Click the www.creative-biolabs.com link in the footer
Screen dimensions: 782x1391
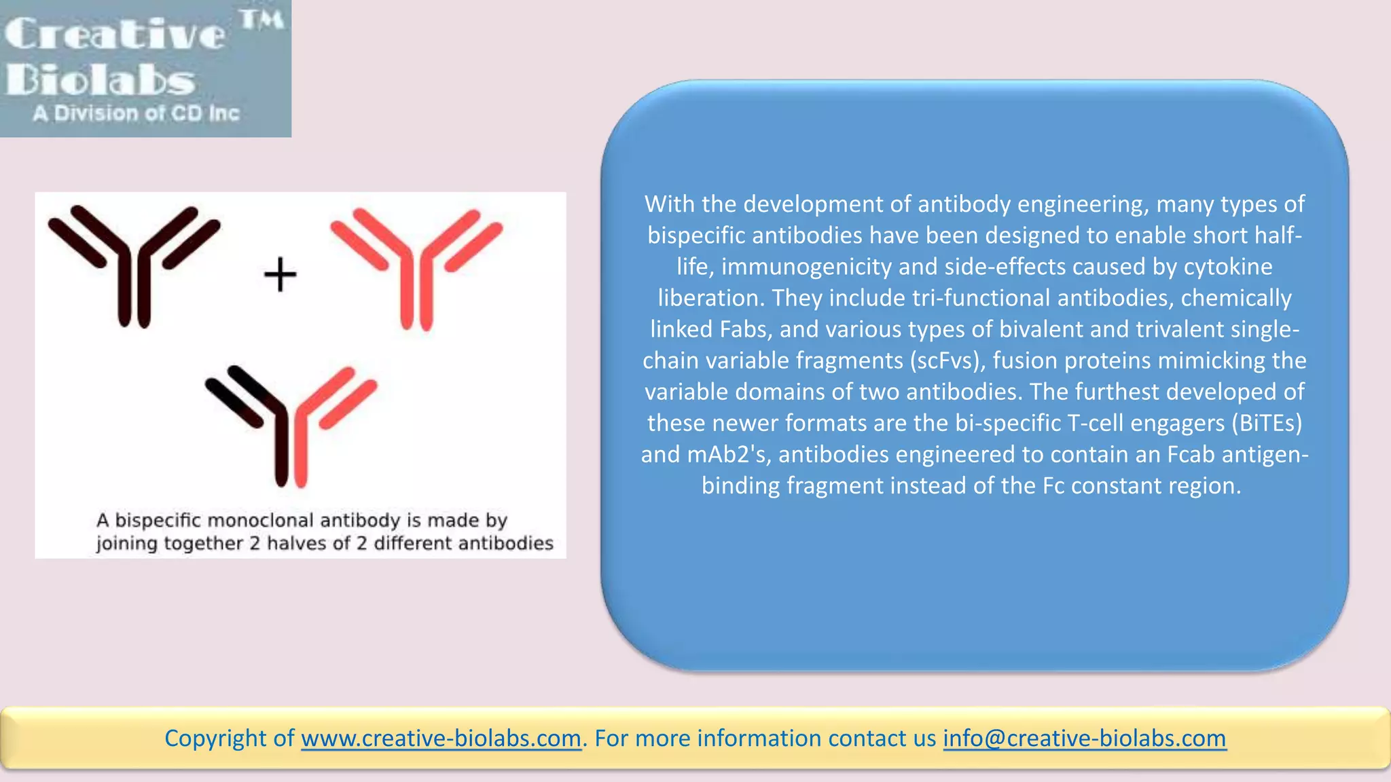(x=441, y=738)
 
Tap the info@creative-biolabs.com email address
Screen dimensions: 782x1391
(x=1084, y=738)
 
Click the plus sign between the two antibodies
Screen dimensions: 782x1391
(x=280, y=275)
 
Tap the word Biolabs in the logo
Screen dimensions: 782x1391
(x=101, y=80)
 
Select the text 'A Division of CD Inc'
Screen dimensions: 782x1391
(x=136, y=113)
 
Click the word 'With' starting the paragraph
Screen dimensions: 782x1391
(x=669, y=204)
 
